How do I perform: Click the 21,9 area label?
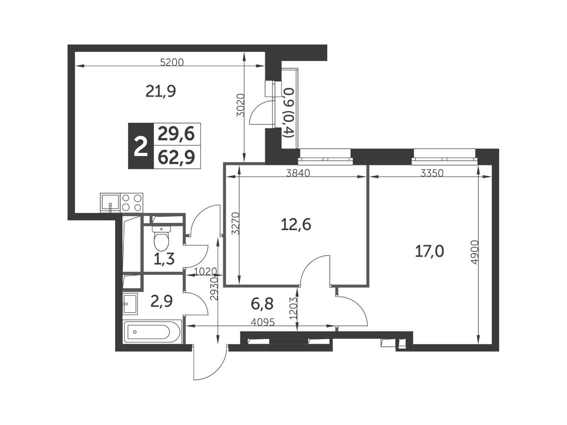(161, 91)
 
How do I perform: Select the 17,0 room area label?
(429, 251)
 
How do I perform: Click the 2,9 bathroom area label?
(162, 301)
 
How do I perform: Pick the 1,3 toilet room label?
(164, 259)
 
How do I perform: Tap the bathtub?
(152, 332)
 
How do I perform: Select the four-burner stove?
(132, 203)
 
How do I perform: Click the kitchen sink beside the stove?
(111, 203)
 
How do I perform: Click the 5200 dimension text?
(172, 63)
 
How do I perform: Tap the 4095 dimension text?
(263, 322)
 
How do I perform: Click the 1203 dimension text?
(293, 308)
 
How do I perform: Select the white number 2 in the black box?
(141, 146)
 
